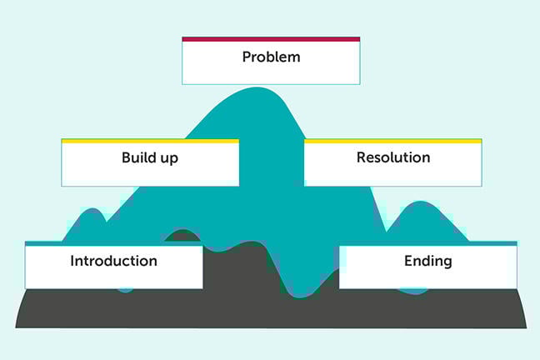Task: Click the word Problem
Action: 271,57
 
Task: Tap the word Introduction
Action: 113,261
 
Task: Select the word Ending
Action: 428,261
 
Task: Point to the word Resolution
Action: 393,157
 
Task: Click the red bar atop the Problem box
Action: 271,38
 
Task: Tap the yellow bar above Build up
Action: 150,141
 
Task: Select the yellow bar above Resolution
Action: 392,141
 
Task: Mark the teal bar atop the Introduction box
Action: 113,243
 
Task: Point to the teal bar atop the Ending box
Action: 427,243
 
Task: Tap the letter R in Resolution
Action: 361,157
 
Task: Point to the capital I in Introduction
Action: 72,260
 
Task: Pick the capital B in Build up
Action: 126,157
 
